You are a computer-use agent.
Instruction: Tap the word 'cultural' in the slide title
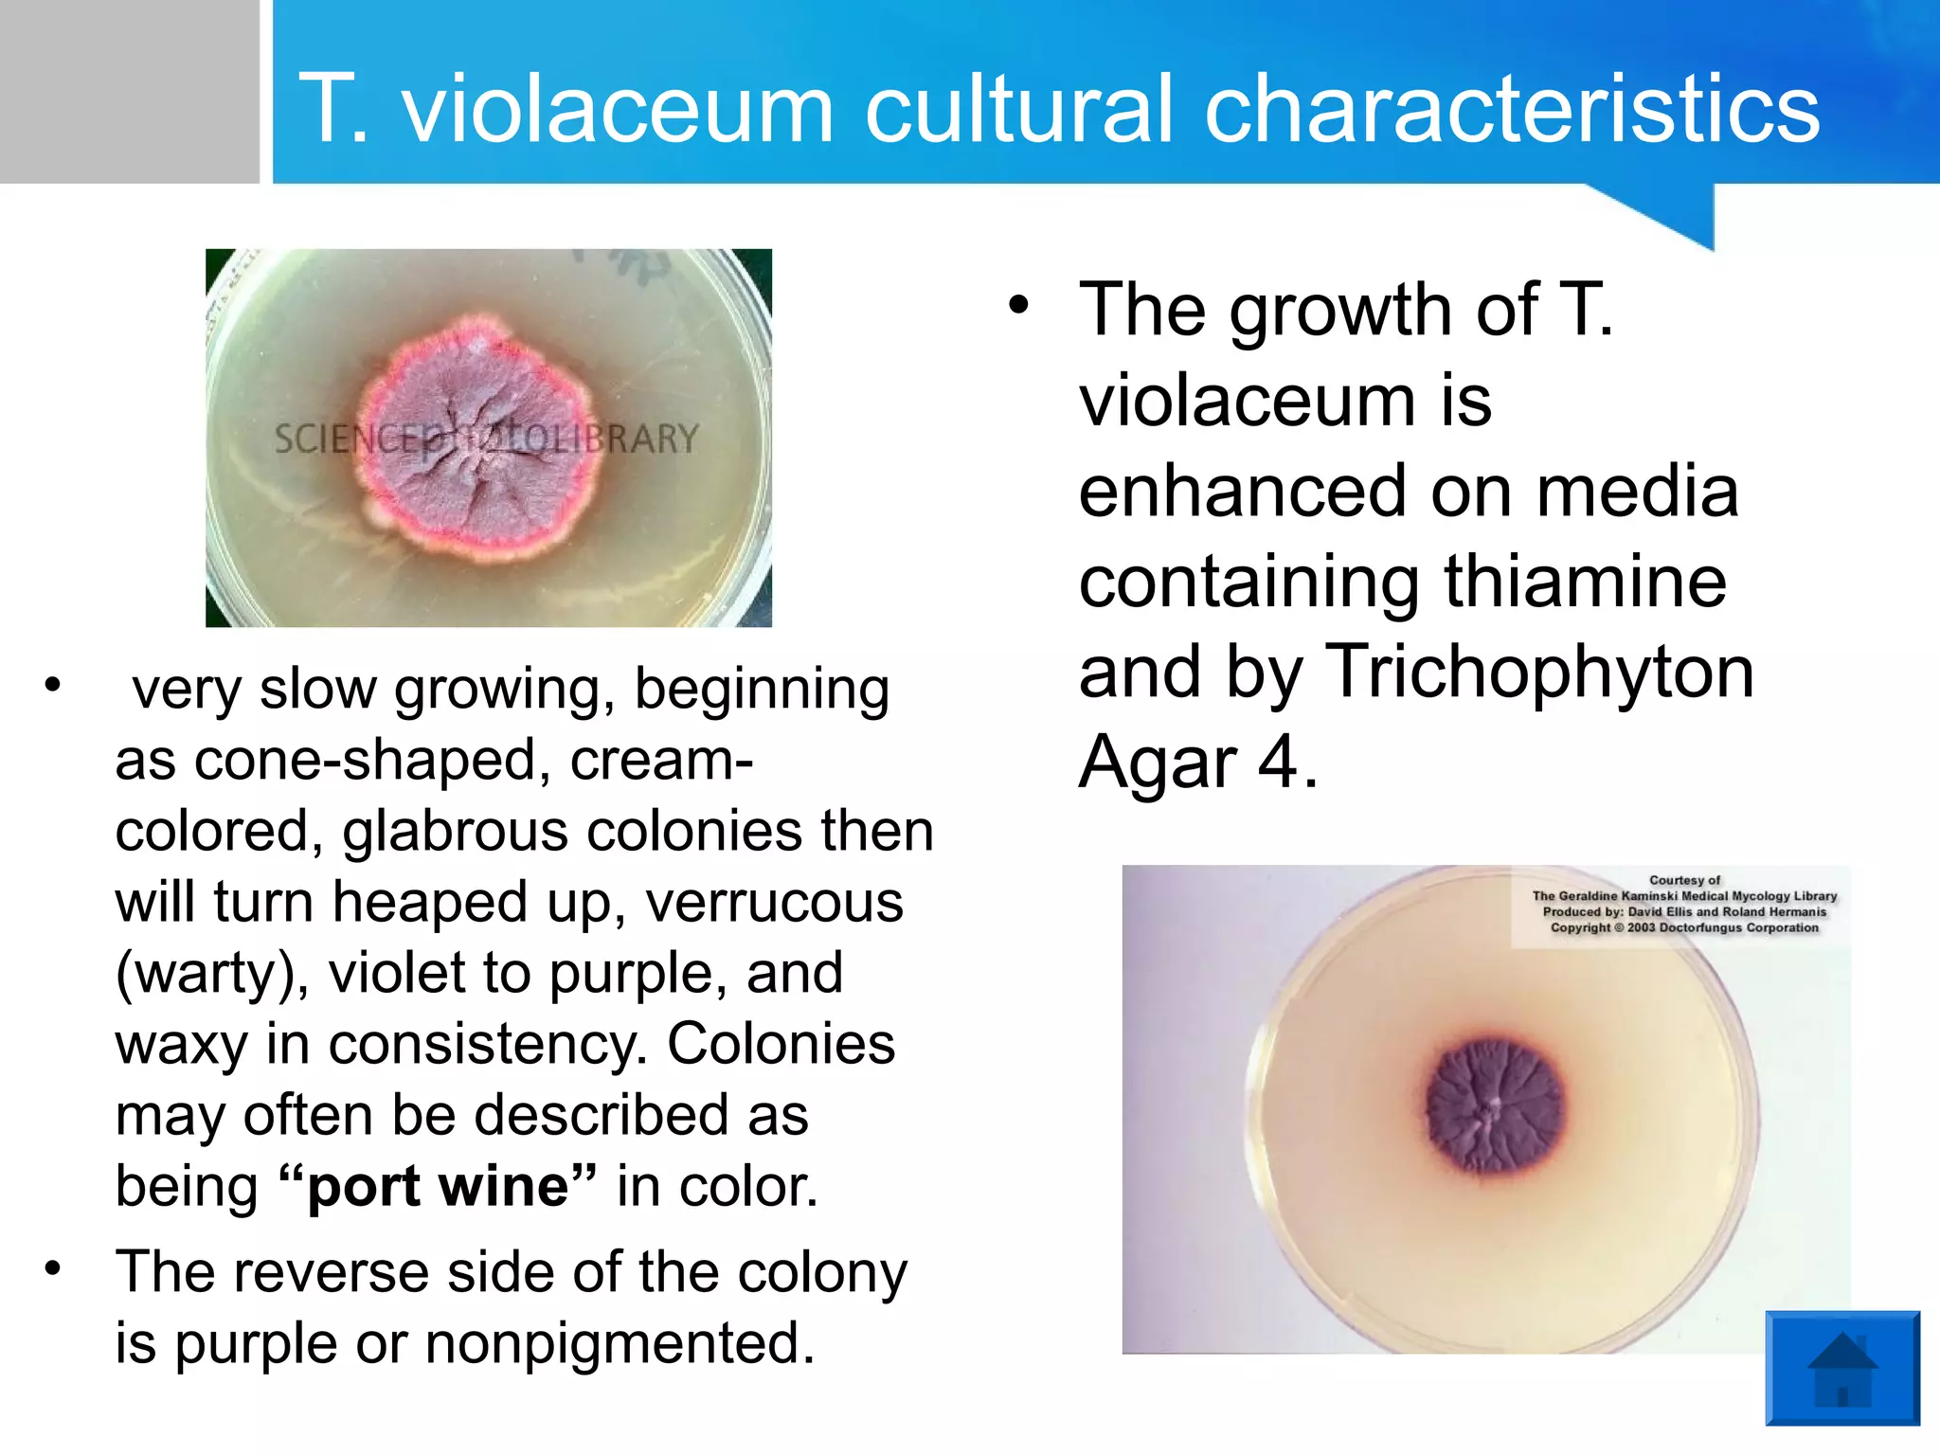1019,109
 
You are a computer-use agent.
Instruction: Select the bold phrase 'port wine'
439,1186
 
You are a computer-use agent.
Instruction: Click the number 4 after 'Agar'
1278,762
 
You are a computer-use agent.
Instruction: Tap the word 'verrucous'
774,902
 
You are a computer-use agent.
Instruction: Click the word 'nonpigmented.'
620,1343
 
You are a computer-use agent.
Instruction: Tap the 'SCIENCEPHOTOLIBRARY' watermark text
486,439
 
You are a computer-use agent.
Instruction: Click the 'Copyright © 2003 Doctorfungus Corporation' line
1684,927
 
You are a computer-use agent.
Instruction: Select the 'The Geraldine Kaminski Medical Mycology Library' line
1684,896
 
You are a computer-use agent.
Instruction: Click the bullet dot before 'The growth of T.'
1018,305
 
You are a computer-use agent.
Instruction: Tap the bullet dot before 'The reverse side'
53,1267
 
